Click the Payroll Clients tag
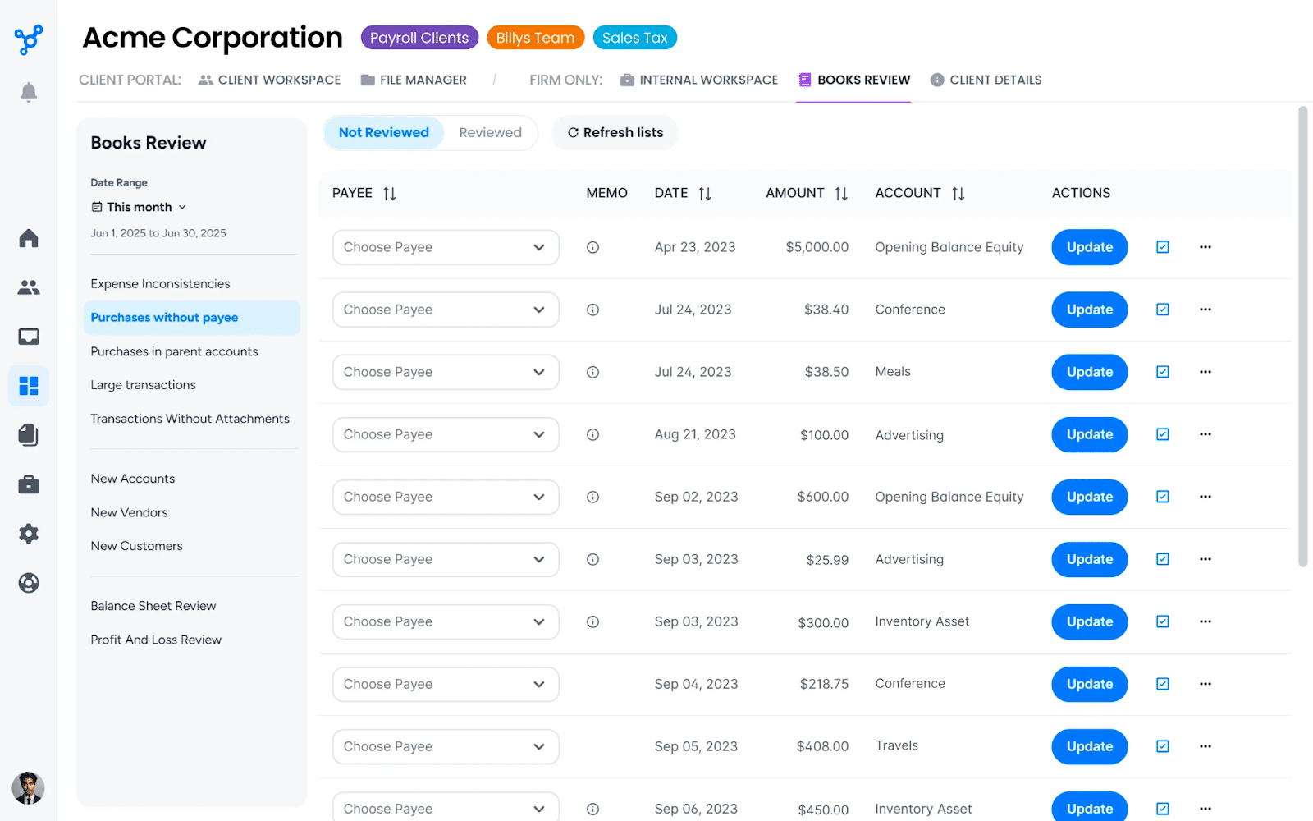419,38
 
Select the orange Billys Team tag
535,38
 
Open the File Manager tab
414,80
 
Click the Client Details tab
986,80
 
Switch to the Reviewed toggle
490,132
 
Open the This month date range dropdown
140,207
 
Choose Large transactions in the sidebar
144,385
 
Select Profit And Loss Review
156,640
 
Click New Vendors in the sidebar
129,512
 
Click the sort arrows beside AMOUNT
841,194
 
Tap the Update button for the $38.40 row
1089,310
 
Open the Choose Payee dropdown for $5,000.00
445,247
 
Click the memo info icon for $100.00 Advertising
592,434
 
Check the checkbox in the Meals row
1163,372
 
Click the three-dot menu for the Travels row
1205,746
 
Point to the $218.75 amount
824,684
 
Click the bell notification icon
29,92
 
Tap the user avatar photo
29,788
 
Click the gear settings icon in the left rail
29,534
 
